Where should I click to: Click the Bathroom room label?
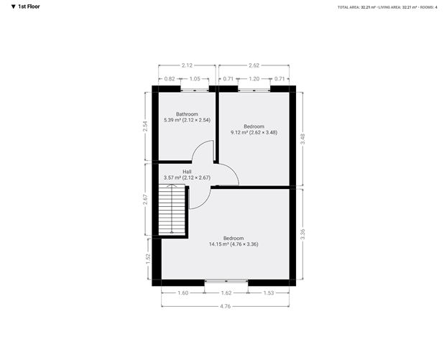point(187,114)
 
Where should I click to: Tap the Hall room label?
point(187,172)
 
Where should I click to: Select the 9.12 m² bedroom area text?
point(254,132)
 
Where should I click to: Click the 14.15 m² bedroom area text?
point(233,244)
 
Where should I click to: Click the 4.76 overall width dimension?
point(226,306)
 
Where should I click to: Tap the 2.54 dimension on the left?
point(146,125)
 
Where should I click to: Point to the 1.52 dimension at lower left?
point(149,258)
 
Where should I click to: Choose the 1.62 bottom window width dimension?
point(226,292)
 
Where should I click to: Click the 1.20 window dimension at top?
point(254,78)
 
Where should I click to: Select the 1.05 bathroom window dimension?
point(195,78)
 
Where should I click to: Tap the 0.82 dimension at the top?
point(170,78)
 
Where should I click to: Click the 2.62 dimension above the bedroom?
point(254,65)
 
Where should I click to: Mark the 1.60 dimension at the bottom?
point(183,292)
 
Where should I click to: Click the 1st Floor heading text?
point(29,6)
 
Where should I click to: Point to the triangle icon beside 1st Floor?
point(13,6)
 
